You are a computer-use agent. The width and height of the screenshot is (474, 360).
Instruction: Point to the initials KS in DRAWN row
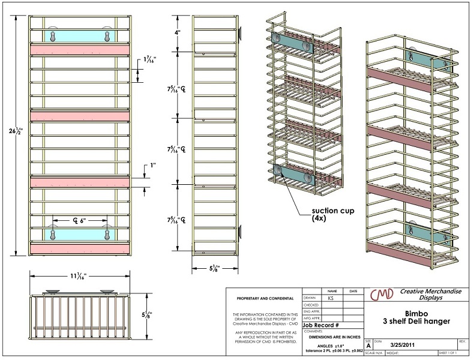pos(331,298)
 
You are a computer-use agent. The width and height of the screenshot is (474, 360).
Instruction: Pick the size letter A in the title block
pos(368,346)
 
